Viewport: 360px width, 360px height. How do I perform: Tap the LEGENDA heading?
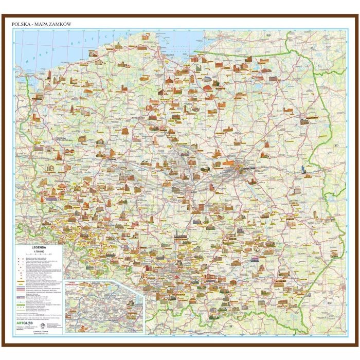pyautogui.click(x=39, y=247)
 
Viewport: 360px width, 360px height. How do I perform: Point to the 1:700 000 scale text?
pyautogui.click(x=39, y=251)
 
